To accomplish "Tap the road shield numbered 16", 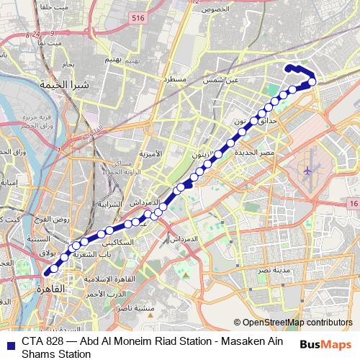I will click(x=352, y=205).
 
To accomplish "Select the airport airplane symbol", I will click(x=309, y=171).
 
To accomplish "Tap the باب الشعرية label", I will click(x=95, y=253).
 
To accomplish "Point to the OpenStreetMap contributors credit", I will click(x=293, y=322).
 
